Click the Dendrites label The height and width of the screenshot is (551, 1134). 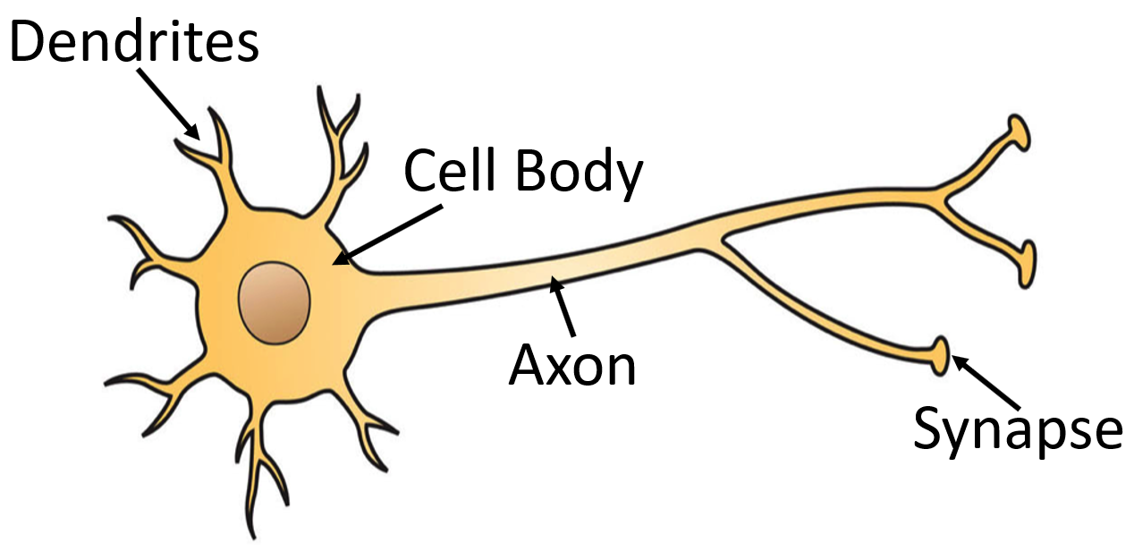(x=134, y=42)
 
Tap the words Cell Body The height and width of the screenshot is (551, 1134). (x=522, y=172)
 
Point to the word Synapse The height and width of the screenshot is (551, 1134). (x=1017, y=428)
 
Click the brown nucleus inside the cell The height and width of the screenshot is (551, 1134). (x=275, y=303)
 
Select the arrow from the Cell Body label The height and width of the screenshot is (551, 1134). (x=390, y=234)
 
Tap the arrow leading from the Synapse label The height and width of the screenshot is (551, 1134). (x=984, y=382)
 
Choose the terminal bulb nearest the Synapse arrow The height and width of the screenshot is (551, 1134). (x=941, y=354)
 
